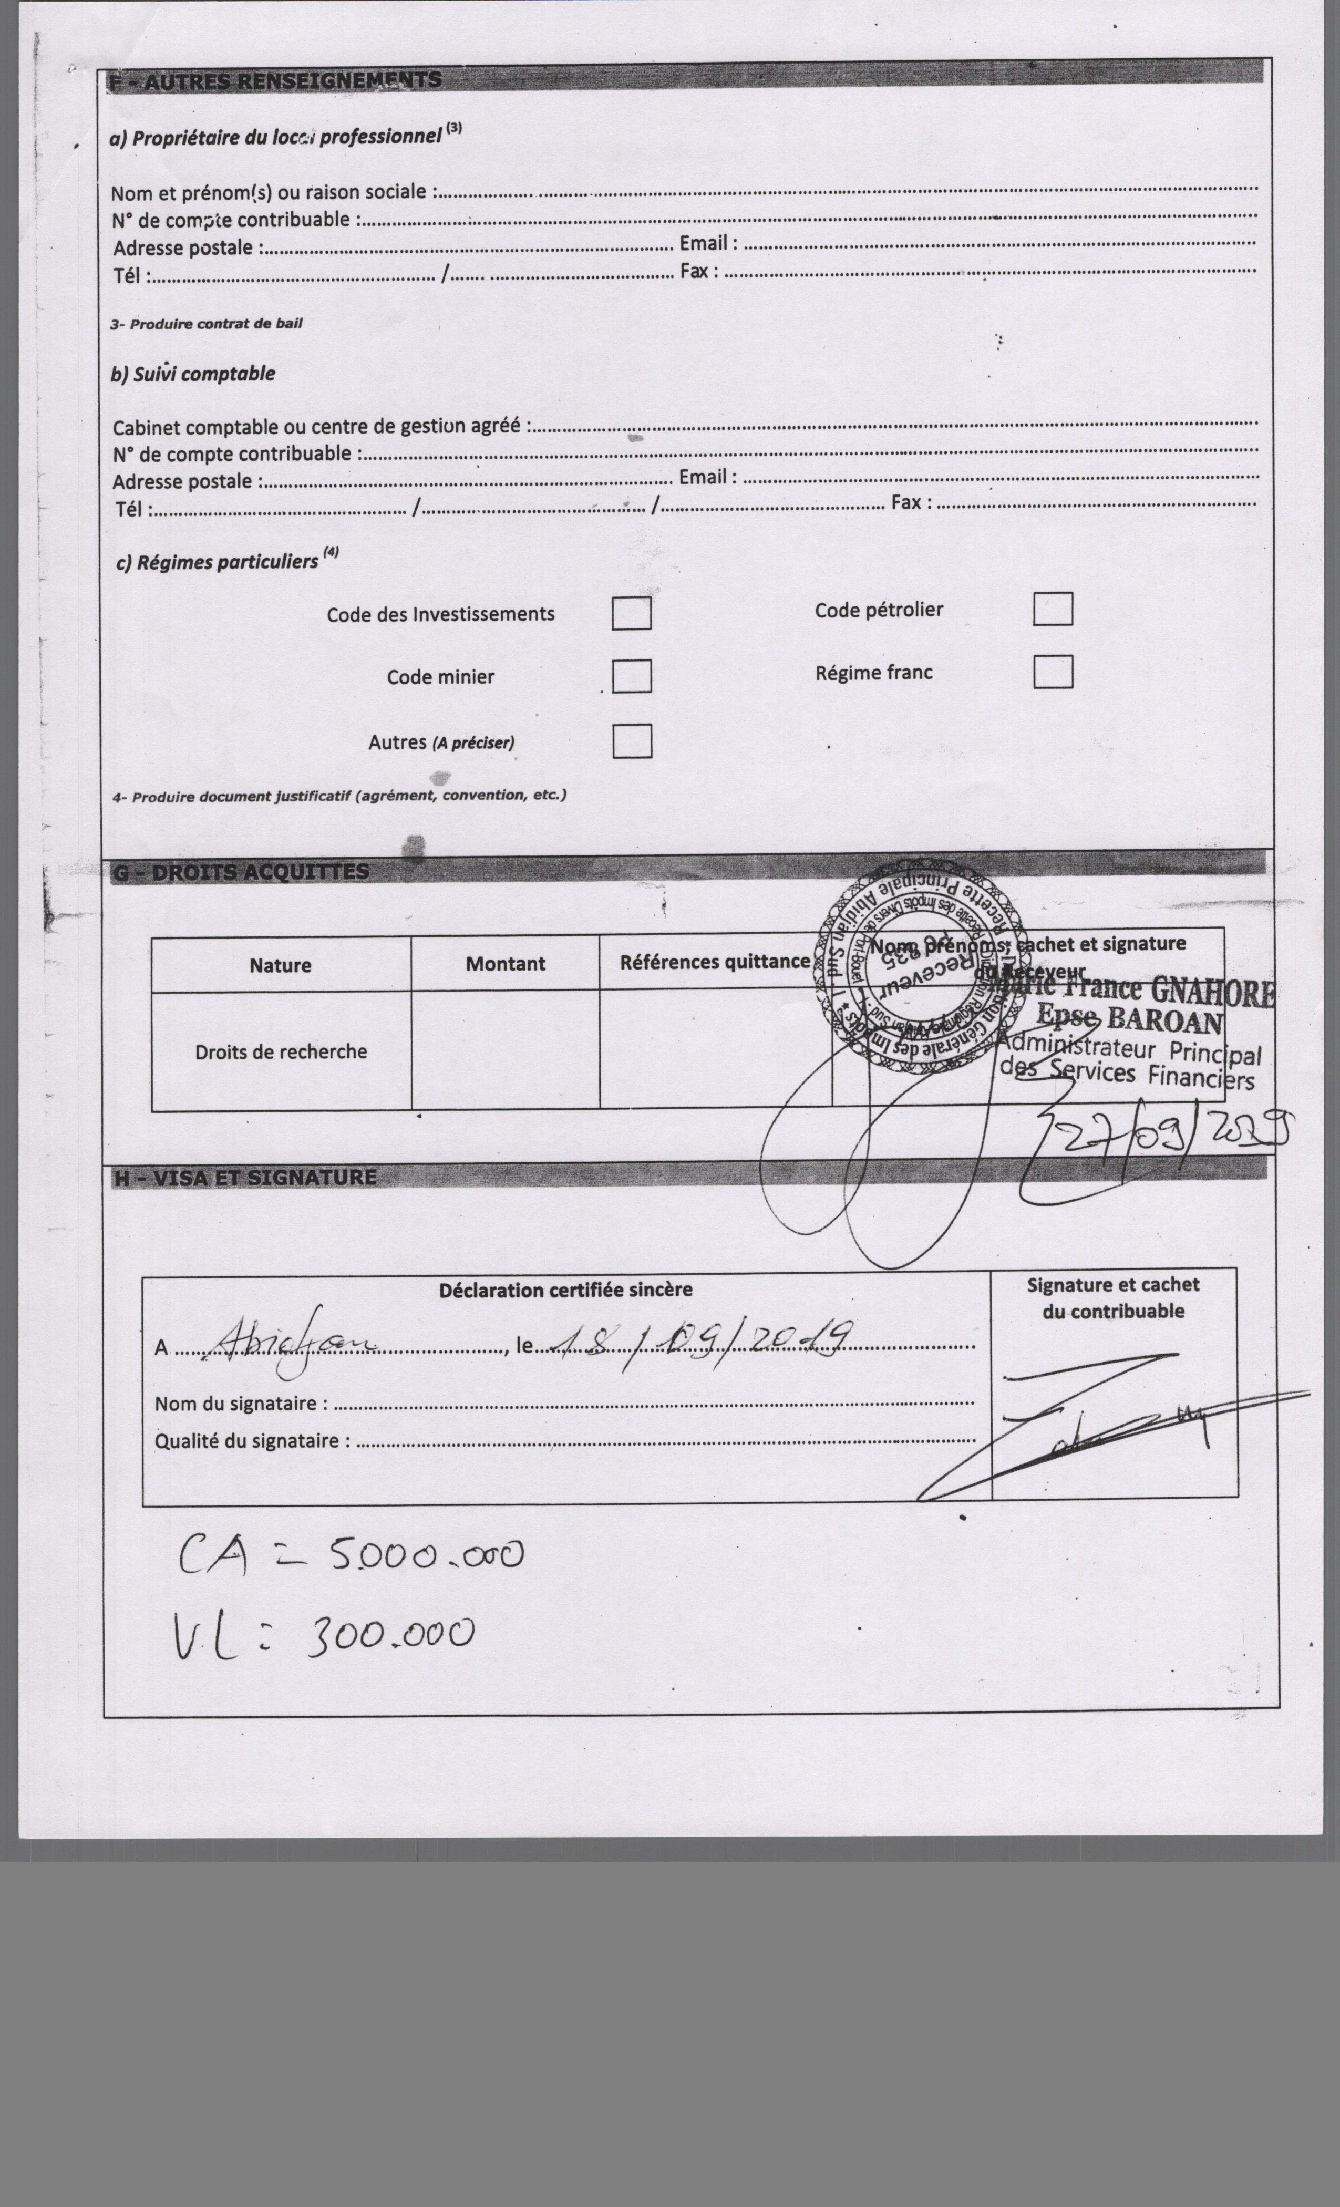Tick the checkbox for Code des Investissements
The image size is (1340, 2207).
632,614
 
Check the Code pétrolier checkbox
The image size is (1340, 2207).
1053,609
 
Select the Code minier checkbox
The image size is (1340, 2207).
632,676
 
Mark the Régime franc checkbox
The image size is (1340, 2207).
1053,672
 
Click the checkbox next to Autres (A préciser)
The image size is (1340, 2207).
632,741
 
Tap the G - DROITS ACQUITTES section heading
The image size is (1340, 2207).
240,872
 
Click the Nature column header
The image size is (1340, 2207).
281,965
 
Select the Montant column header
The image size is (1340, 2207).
505,964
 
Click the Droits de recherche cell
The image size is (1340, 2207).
281,1051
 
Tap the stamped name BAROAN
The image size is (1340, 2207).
1164,1021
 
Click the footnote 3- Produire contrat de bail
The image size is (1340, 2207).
206,323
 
